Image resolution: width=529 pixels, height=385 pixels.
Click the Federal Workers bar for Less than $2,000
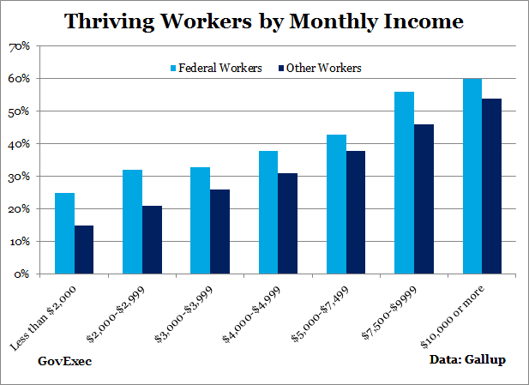tap(64, 233)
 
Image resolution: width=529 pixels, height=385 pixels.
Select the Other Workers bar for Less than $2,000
tap(84, 250)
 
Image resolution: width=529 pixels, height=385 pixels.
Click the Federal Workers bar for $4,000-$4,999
tap(268, 213)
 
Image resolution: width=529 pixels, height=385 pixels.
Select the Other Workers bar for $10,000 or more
tap(491, 186)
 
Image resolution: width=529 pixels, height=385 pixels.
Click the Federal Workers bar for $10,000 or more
tap(472, 177)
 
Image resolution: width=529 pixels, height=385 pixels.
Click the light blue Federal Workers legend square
tap(174, 68)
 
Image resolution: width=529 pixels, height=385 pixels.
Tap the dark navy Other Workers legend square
tap(280, 68)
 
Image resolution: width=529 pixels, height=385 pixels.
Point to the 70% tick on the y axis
tap(19, 46)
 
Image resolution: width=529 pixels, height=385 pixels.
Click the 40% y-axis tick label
tap(19, 144)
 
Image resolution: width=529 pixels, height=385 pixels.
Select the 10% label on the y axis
tap(19, 242)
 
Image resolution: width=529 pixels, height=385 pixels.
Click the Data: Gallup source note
tap(467, 360)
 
